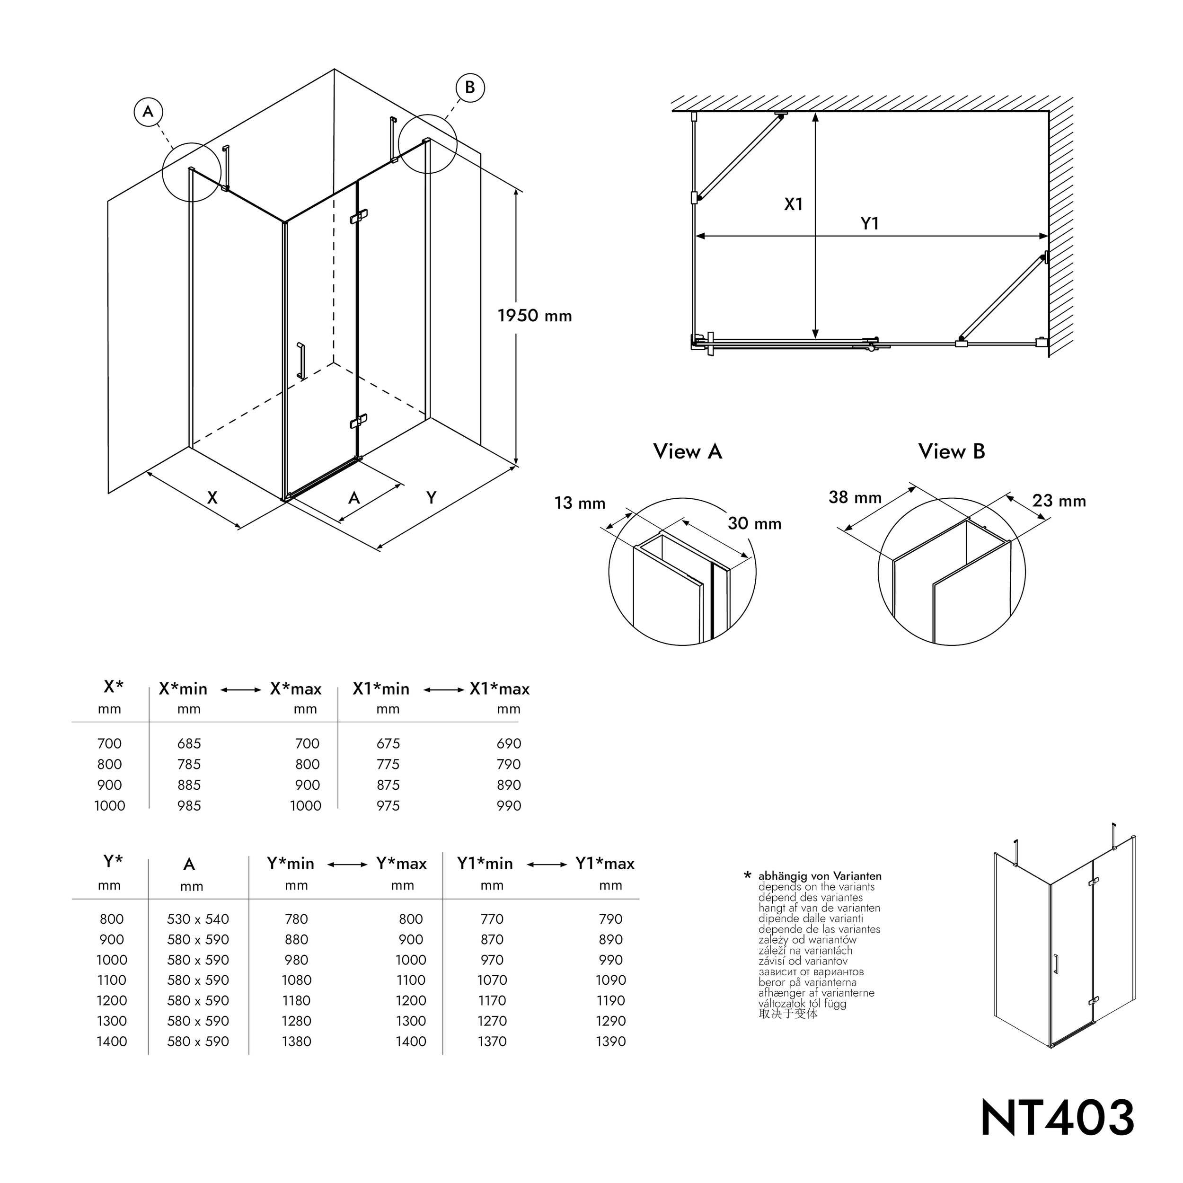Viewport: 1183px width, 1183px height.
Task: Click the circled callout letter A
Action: click(148, 112)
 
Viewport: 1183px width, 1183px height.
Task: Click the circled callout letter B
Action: click(469, 88)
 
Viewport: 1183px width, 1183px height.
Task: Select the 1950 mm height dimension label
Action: click(535, 316)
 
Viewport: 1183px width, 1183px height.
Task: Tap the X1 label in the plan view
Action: click(793, 204)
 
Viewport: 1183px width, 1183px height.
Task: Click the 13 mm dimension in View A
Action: click(579, 503)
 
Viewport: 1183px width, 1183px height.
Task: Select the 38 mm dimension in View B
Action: click(855, 497)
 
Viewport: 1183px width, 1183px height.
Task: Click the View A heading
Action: click(687, 451)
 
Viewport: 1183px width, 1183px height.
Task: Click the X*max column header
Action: click(296, 689)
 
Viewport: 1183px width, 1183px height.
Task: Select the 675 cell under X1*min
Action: click(388, 743)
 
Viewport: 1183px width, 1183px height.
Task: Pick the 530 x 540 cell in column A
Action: click(198, 919)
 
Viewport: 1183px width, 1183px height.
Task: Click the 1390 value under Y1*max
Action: click(610, 1042)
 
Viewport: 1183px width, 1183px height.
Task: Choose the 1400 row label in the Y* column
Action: click(112, 1042)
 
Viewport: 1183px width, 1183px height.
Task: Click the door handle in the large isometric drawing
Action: click(300, 361)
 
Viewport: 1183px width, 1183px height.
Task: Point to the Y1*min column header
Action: click(485, 864)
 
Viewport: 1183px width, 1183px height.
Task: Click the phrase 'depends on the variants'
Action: click(816, 887)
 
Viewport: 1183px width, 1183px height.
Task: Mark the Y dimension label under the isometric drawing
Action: click(431, 498)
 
